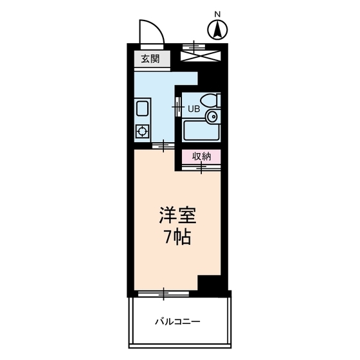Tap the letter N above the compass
tap(217, 14)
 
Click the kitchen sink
tap(143, 109)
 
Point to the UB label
tap(194, 109)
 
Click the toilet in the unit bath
tap(210, 100)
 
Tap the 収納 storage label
tap(201, 156)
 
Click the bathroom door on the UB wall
tap(178, 107)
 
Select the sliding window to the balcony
tap(163, 294)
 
